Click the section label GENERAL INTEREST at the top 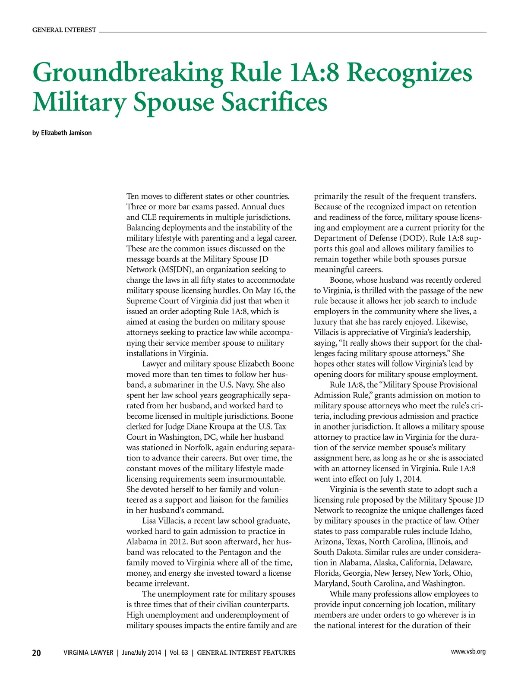64,30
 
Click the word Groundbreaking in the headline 128,73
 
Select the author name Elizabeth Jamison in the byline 66,133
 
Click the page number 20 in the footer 37,653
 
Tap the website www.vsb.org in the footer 468,652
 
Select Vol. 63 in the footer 179,653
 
